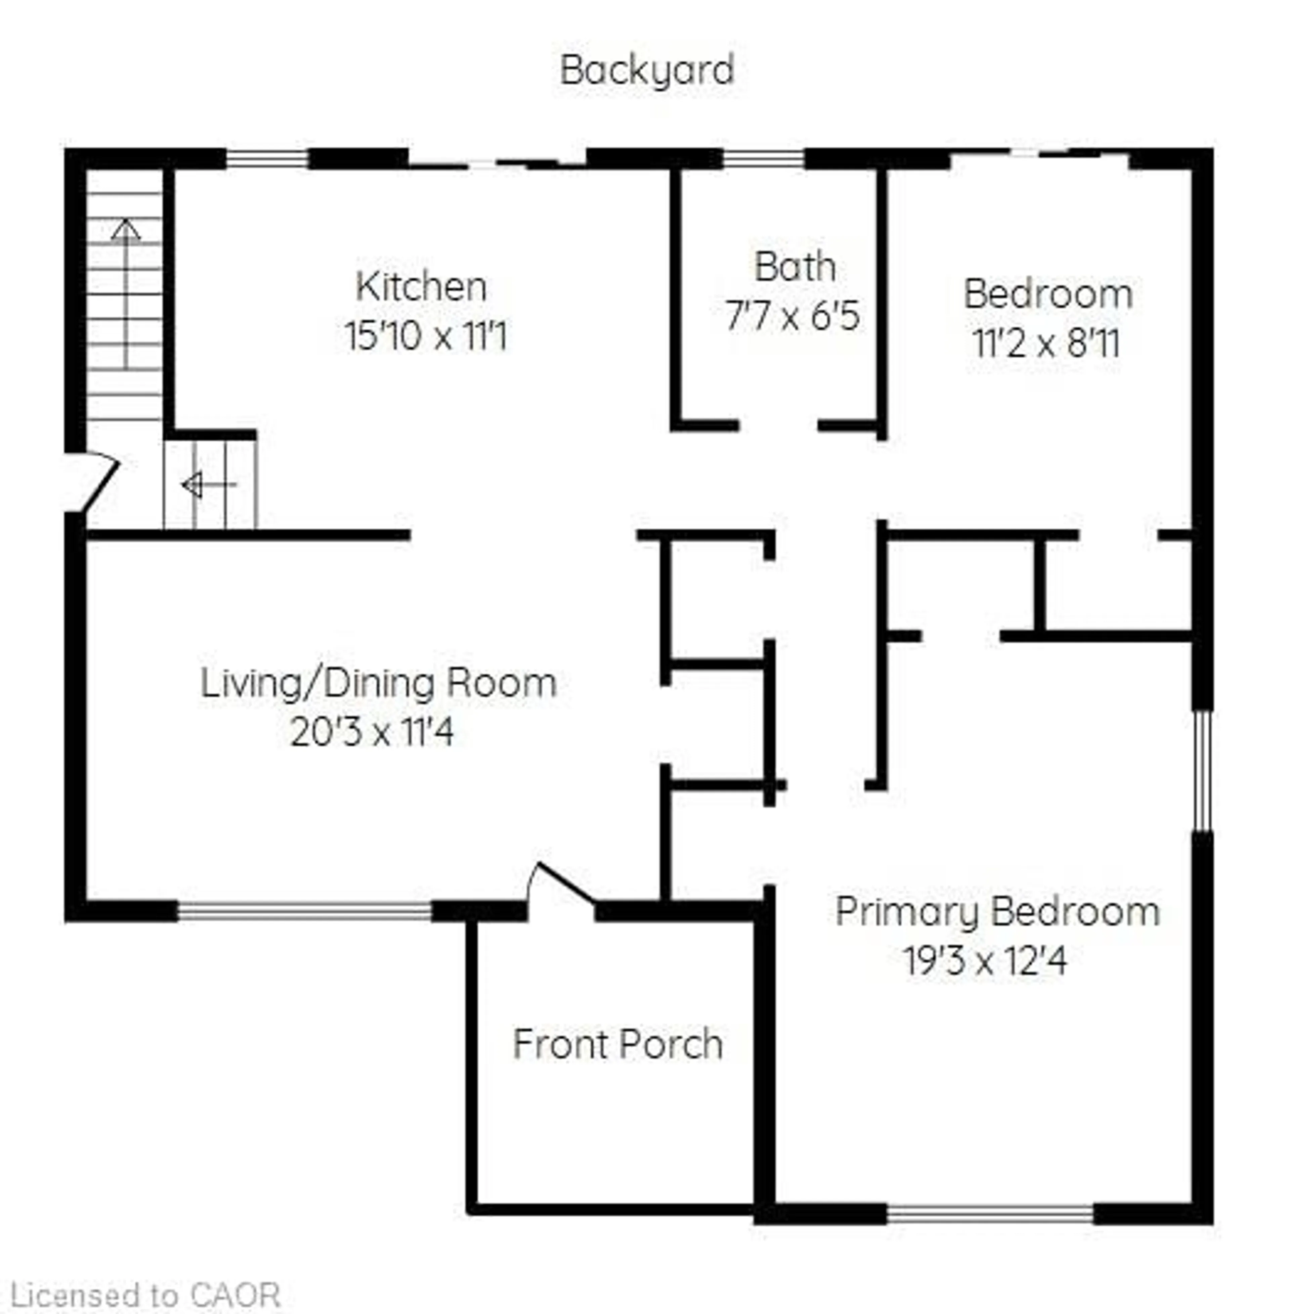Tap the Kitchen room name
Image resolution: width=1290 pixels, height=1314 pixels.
[x=421, y=287]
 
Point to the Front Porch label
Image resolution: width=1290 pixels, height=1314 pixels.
[x=617, y=1044]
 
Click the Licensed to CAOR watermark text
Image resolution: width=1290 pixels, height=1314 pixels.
[x=146, y=1295]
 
